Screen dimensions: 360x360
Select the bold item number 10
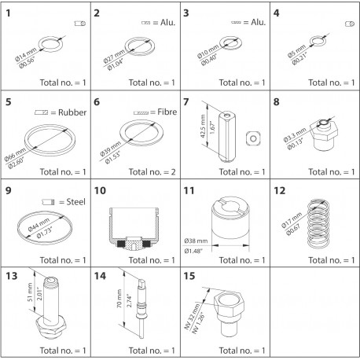pos(99,189)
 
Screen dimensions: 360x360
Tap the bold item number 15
pos(187,277)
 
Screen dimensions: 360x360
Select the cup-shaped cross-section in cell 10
pos(134,225)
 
